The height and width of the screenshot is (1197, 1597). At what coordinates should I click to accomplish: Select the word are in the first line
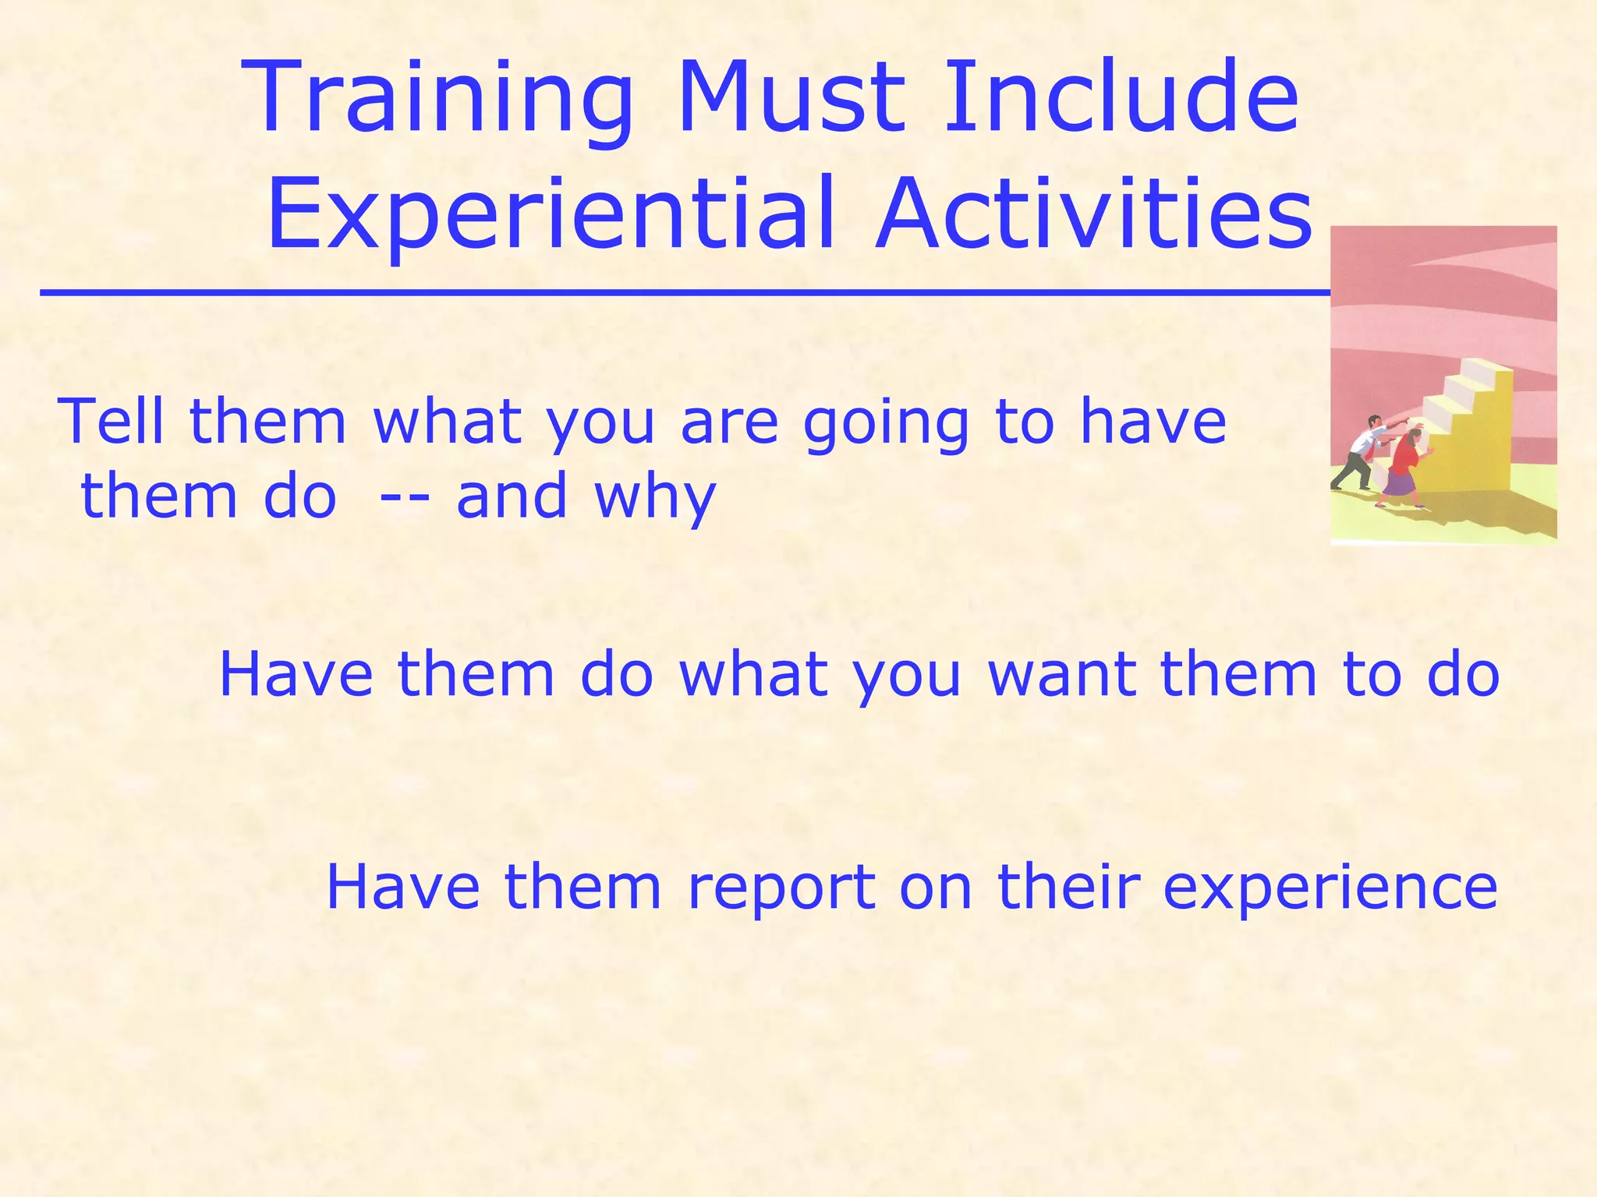729,422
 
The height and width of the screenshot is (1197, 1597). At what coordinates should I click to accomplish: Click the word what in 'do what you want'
752,674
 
